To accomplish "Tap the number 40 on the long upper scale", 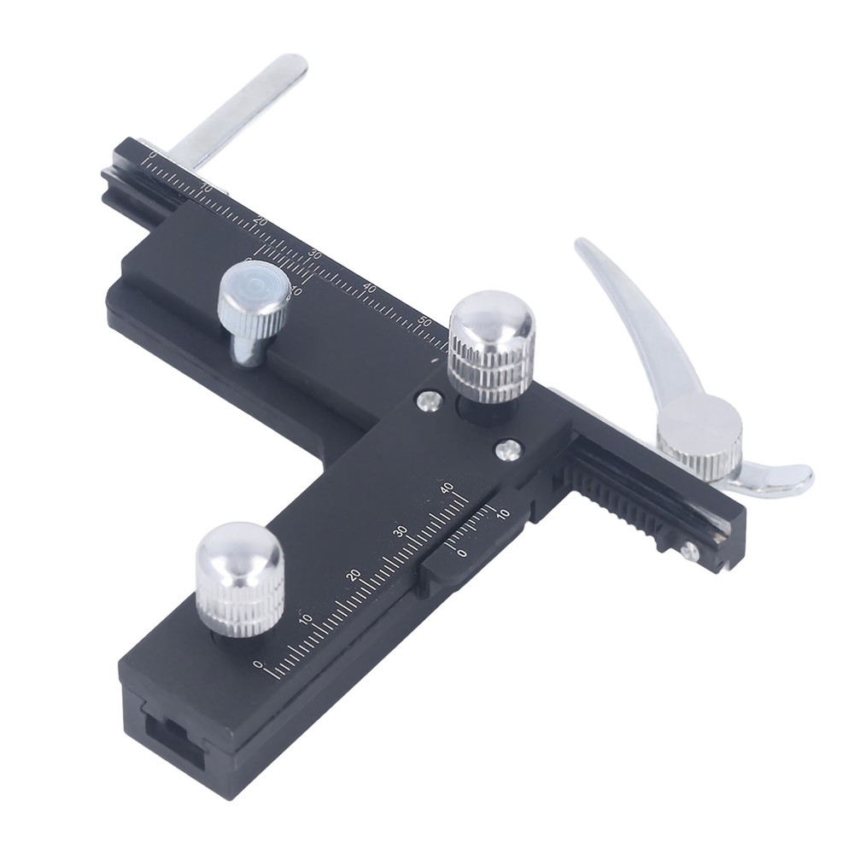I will pos(369,289).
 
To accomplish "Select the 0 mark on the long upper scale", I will pos(152,155).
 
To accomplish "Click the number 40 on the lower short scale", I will pos(446,488).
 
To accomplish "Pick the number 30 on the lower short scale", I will pos(400,531).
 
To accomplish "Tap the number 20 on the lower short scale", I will pos(354,575).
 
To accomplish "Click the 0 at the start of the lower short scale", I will pos(259,664).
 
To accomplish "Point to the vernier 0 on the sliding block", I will pos(462,553).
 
